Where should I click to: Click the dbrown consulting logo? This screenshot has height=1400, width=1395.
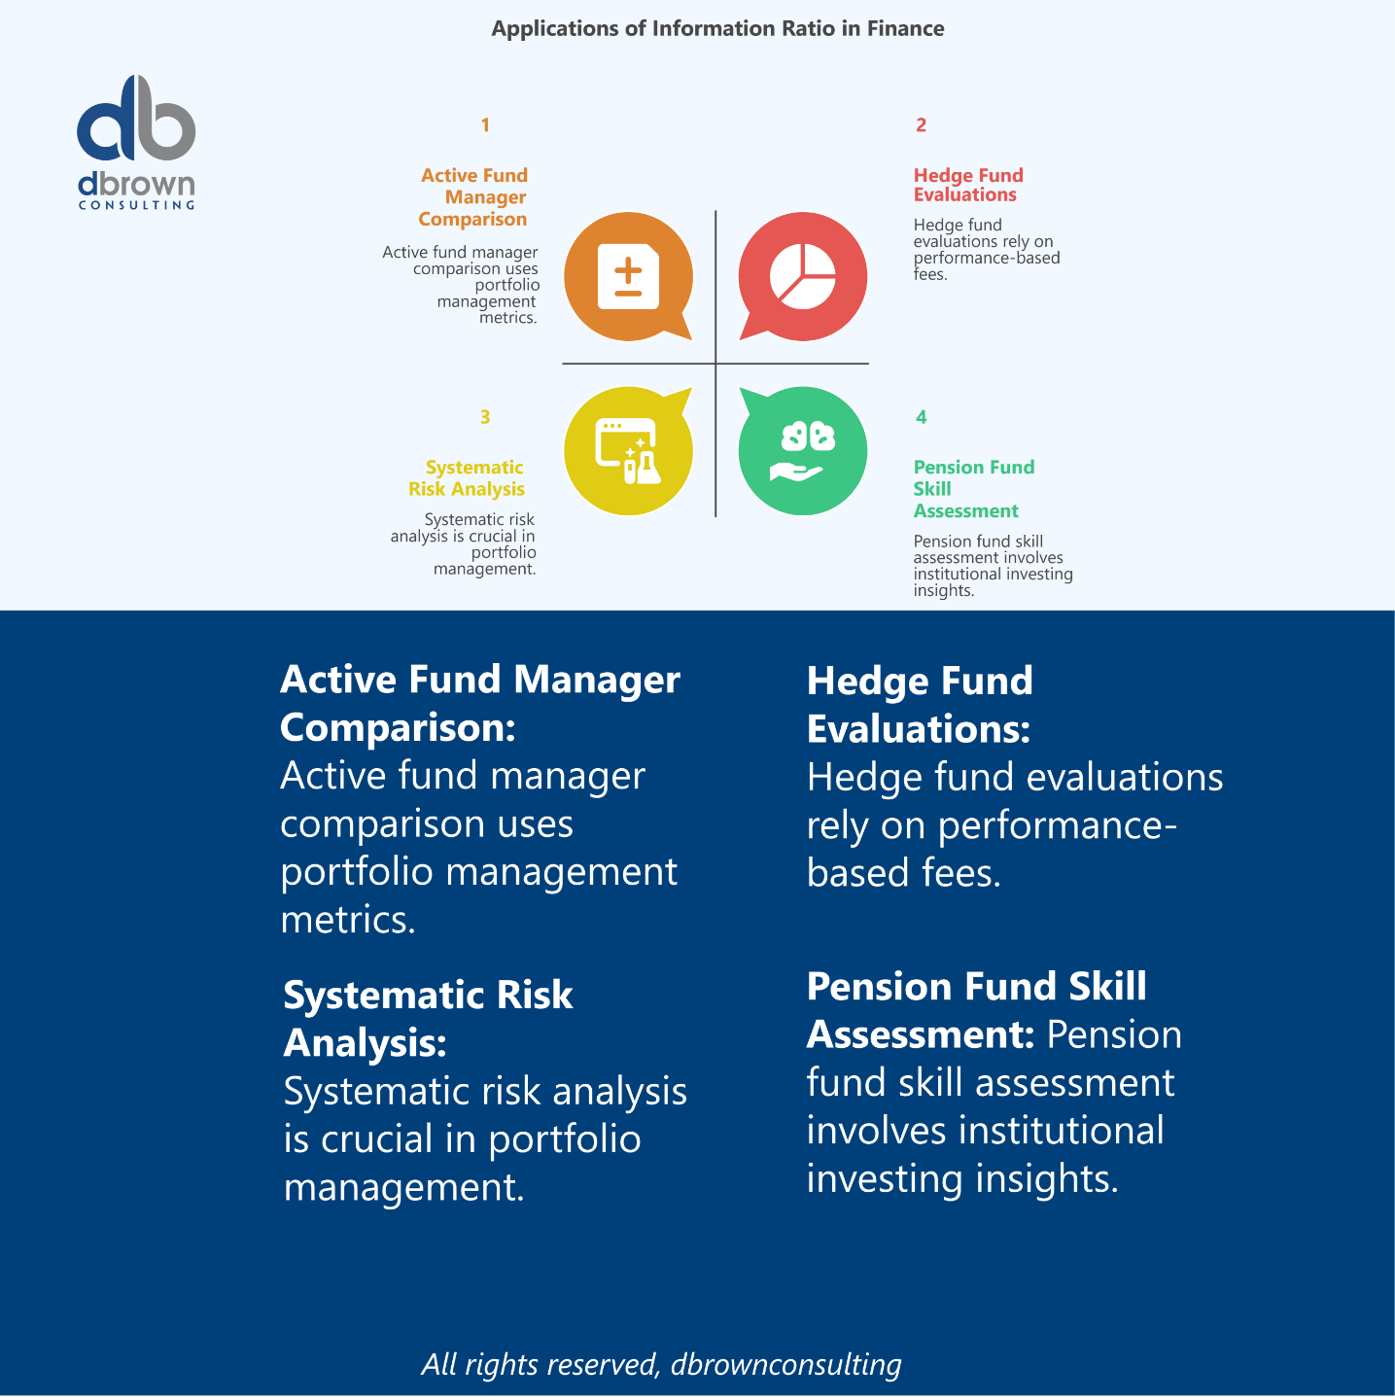pos(136,141)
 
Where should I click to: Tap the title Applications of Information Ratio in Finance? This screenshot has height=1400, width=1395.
pos(717,28)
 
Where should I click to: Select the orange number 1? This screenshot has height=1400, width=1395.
pos(485,125)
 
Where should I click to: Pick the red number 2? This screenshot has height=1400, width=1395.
pos(921,125)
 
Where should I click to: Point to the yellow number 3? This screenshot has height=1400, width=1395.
pos(485,417)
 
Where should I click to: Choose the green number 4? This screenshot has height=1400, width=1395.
pos(921,417)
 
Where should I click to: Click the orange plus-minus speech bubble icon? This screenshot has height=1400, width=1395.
pos(628,277)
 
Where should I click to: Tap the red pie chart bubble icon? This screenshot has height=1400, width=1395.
pos(803,277)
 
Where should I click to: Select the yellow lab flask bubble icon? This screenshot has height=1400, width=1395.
pos(628,451)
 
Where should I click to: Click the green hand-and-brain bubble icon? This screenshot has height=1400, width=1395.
pos(803,451)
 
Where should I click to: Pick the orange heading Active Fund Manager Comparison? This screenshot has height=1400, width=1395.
pos(474,197)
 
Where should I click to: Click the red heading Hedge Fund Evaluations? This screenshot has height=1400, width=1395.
pos(967,185)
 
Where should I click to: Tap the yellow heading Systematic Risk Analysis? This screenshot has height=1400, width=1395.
pos(468,478)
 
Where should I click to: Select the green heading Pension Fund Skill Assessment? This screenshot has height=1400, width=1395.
pos(972,489)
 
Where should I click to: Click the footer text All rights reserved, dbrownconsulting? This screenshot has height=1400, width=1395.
pos(661,1364)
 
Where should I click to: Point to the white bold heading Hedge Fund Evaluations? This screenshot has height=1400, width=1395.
pos(920,705)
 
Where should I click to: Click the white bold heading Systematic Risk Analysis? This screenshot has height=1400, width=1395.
pos(428,1019)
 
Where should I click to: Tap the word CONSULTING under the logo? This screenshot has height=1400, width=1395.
pos(136,205)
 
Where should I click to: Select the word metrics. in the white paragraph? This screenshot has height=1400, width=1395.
pos(348,920)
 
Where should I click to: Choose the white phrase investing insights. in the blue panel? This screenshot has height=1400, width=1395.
pos(962,1178)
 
